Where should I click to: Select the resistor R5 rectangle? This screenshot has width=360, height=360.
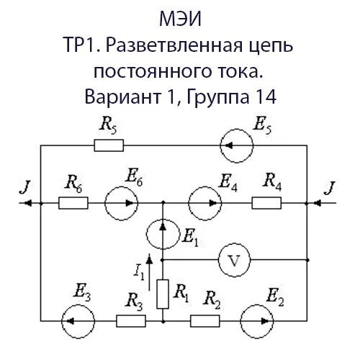(109, 146)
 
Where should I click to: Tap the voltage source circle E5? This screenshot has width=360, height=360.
(235, 146)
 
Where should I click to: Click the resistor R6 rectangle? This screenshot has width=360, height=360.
(73, 204)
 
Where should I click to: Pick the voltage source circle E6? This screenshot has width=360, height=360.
(120, 204)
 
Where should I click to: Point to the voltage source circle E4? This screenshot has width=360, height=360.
(204, 204)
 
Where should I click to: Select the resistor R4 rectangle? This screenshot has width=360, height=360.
(266, 204)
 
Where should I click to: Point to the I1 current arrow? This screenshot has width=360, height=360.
(149, 265)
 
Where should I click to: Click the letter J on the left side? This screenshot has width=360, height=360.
(27, 189)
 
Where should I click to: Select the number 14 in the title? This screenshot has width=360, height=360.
(257, 94)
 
